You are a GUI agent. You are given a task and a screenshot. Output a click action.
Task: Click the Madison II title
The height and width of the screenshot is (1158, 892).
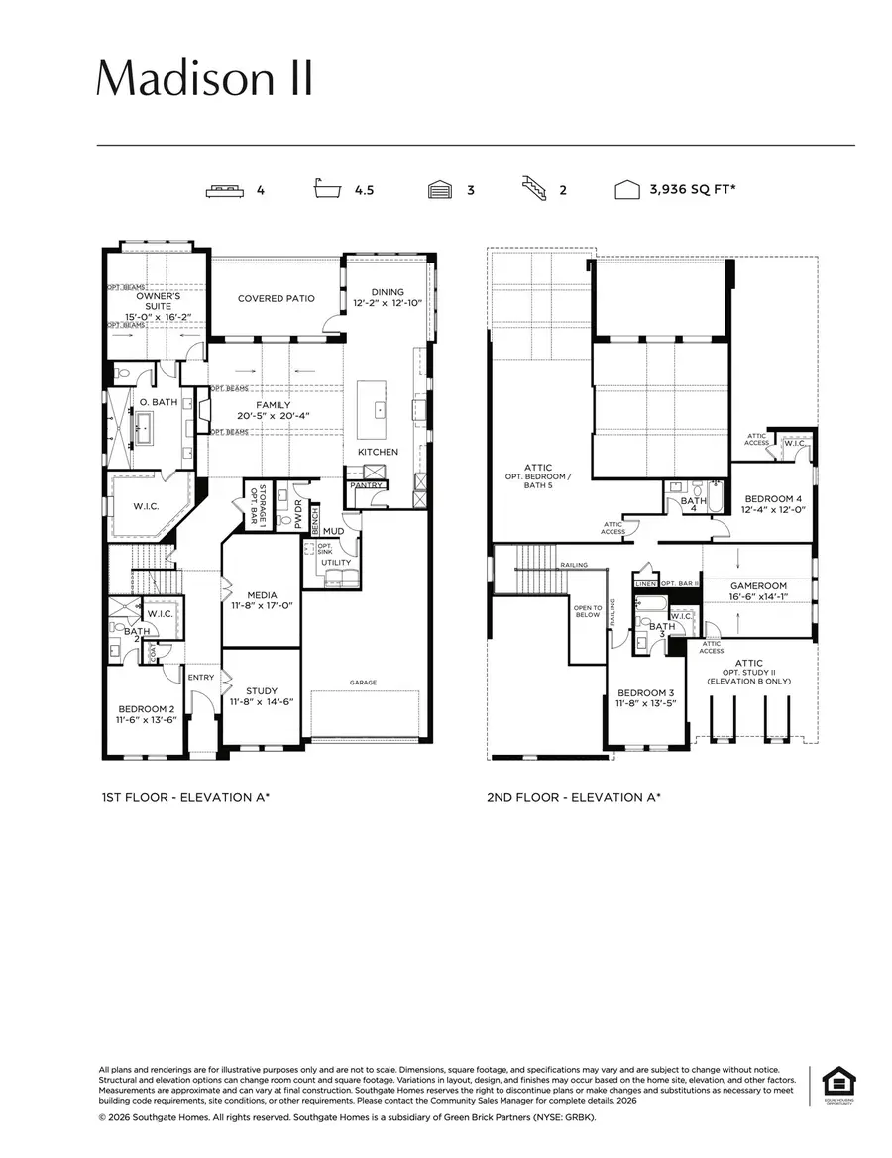pyautogui.click(x=205, y=77)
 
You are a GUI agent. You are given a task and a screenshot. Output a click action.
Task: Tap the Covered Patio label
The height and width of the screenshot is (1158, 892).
pyautogui.click(x=277, y=298)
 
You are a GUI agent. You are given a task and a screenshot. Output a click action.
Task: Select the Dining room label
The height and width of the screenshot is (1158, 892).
pyautogui.click(x=388, y=297)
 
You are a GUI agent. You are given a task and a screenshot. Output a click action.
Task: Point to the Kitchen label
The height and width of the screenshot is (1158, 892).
pyautogui.click(x=379, y=452)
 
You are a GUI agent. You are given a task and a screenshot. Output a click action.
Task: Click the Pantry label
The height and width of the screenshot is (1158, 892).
pyautogui.click(x=366, y=485)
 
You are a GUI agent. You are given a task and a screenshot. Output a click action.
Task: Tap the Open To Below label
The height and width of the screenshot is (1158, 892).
pyautogui.click(x=589, y=612)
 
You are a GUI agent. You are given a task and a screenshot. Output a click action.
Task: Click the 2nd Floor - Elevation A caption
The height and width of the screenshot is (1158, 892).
pyautogui.click(x=574, y=796)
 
